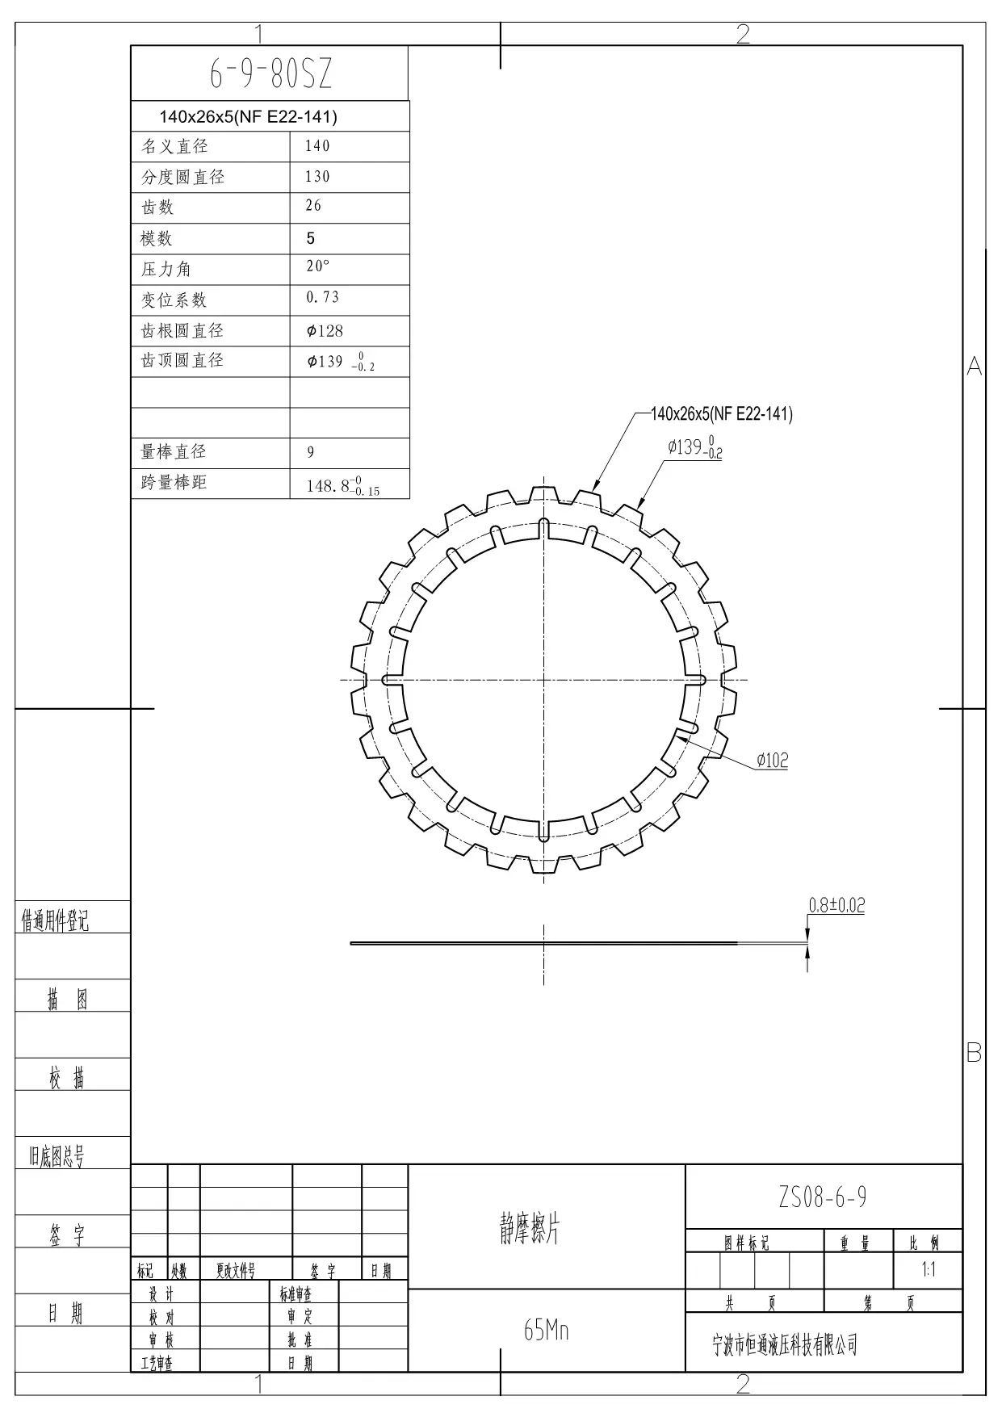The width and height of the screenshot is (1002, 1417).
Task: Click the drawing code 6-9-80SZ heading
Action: point(270,74)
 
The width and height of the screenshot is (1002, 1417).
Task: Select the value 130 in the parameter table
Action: point(317,177)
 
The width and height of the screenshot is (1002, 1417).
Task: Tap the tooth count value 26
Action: point(313,206)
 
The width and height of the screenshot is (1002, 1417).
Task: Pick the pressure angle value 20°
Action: point(318,266)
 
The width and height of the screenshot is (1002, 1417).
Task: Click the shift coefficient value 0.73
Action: point(322,297)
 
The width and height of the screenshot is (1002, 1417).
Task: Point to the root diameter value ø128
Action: point(325,331)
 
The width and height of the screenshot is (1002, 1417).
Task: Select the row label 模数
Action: point(156,238)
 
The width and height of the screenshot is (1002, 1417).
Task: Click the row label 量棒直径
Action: point(174,451)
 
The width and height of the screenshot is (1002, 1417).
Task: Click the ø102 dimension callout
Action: point(772,760)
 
